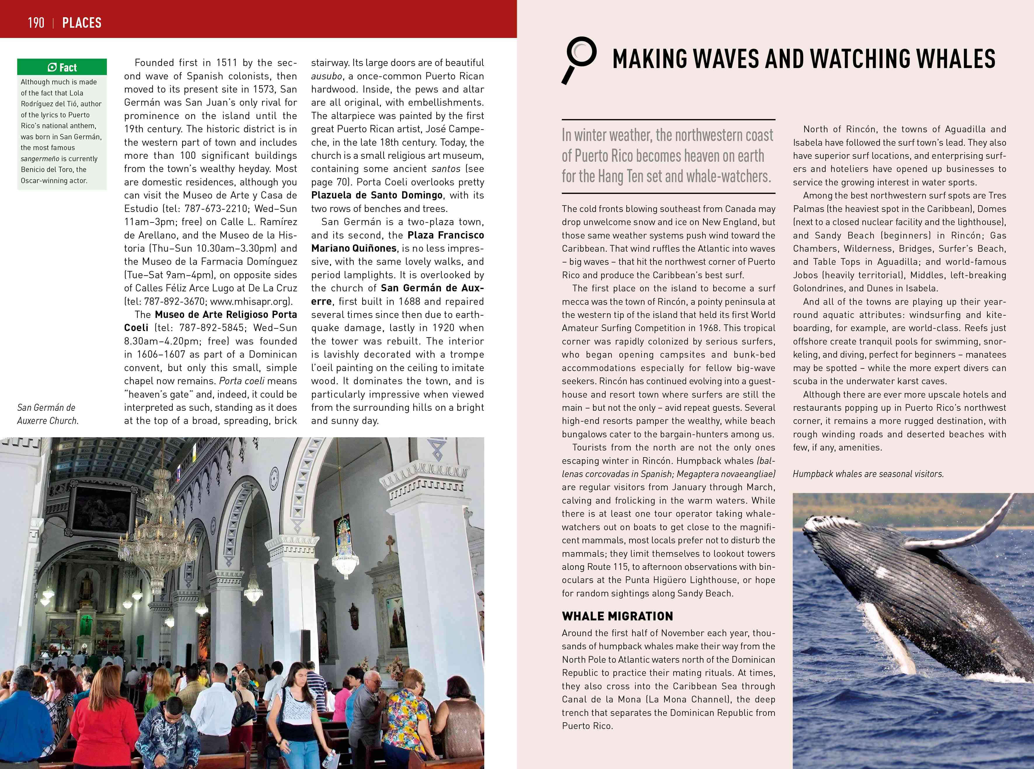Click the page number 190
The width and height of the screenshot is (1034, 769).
pyautogui.click(x=36, y=22)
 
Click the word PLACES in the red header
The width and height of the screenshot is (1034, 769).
pyautogui.click(x=82, y=22)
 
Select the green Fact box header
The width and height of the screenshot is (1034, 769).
pyautogui.click(x=62, y=67)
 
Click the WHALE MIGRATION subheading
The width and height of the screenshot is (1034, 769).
pyautogui.click(x=617, y=616)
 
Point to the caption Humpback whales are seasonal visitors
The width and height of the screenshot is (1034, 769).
pyautogui.click(x=868, y=474)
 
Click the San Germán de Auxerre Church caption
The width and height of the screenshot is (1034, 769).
pyautogui.click(x=48, y=414)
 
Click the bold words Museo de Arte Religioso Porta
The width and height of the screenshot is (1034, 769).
pyautogui.click(x=226, y=315)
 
